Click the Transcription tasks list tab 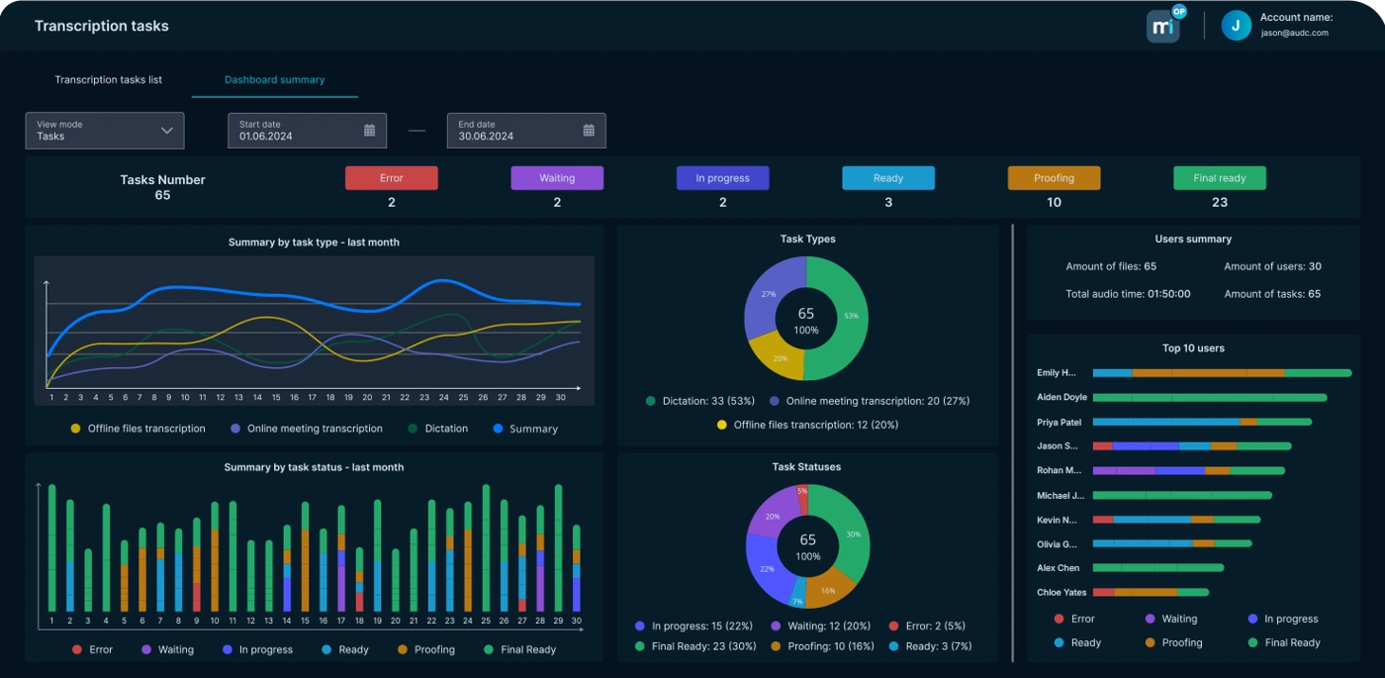point(108,80)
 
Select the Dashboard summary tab point(274,80)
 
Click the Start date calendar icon point(370,131)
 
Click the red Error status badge point(391,178)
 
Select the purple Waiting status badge point(557,178)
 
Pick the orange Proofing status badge point(1054,178)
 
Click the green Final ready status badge point(1219,178)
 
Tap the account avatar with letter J point(1236,26)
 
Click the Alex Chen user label point(1058,568)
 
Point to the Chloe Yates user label point(1062,593)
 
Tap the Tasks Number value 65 point(162,196)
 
